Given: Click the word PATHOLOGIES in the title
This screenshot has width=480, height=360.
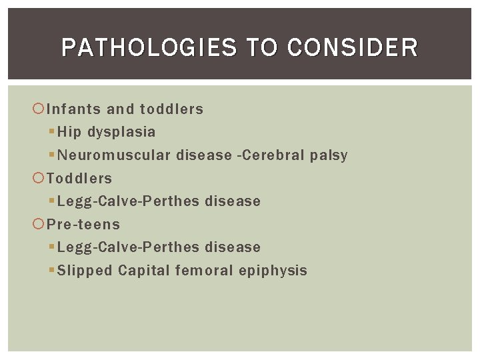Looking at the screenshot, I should coord(149,48).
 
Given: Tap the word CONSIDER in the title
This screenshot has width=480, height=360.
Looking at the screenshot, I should coord(353,48).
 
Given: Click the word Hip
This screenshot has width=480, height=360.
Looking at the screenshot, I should coord(69,132).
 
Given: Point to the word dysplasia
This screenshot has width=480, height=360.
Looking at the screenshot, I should coord(121,133).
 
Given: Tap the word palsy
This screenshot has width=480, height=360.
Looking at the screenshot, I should coord(329,156).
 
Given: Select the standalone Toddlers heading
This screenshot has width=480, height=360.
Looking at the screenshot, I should coord(79,178).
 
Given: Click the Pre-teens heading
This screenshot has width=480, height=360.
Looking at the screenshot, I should coord(83,224).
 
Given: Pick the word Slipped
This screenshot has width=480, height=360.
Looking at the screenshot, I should coord(85,271).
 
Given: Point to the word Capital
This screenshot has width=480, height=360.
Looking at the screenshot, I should coord(143,271).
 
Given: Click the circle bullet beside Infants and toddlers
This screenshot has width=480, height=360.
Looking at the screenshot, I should coord(39,109).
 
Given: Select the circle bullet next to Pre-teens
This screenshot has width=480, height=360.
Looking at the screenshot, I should coord(39,224).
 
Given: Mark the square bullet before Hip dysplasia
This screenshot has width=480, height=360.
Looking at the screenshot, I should coord(53,132).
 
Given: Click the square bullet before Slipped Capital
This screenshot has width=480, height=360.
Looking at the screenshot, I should coord(53,270).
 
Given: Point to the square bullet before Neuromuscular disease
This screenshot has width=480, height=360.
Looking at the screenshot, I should coord(53,155).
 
